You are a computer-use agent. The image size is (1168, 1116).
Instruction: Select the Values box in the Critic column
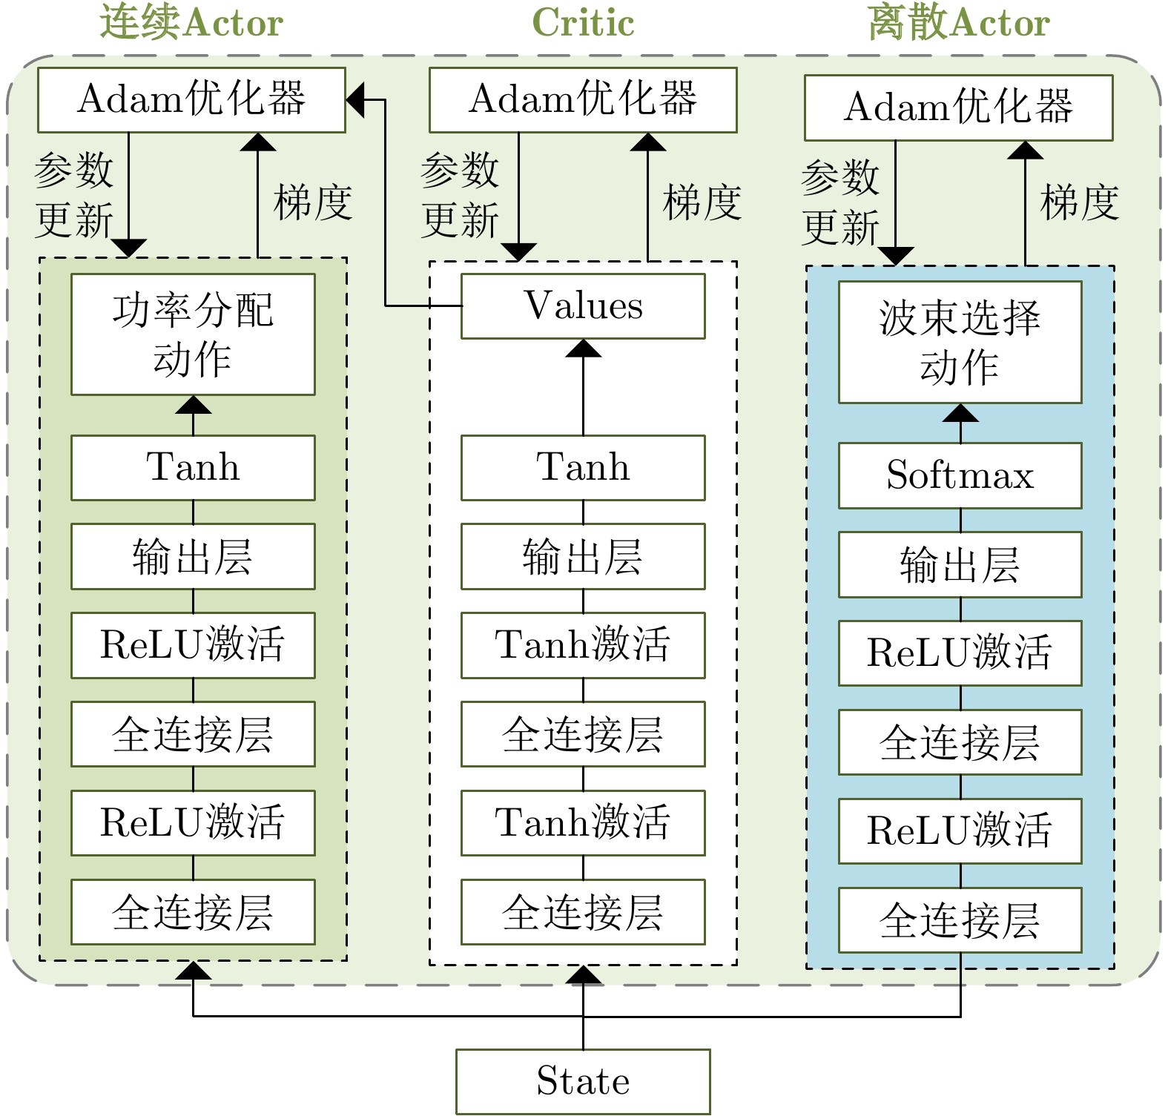tap(583, 306)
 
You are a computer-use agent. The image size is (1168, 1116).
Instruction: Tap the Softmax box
tap(960, 475)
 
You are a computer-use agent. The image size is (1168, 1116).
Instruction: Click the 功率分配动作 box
tap(193, 334)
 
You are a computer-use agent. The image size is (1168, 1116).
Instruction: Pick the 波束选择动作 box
tap(960, 342)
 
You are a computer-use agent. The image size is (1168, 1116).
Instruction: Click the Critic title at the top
tap(583, 22)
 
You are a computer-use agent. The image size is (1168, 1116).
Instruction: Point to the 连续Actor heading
tap(191, 22)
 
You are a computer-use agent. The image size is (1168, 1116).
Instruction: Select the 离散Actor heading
tap(958, 22)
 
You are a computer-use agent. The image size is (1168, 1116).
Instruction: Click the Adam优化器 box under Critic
tap(583, 100)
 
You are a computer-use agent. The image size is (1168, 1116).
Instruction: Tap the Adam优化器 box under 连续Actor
tap(191, 100)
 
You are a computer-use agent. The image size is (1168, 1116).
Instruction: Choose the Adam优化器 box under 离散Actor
tap(958, 108)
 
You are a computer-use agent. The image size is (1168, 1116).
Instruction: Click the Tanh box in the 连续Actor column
tap(193, 467)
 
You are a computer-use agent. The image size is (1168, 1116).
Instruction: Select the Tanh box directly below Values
tap(583, 467)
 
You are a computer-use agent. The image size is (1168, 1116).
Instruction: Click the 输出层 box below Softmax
tap(960, 564)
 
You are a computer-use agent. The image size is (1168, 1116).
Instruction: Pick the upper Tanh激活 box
tap(583, 645)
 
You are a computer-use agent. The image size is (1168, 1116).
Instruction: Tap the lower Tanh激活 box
tap(583, 823)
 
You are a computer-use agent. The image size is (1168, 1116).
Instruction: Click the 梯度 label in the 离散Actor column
tap(1079, 202)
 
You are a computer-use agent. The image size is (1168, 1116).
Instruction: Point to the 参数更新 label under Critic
tap(460, 196)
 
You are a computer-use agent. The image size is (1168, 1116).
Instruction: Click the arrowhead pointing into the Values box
tap(583, 349)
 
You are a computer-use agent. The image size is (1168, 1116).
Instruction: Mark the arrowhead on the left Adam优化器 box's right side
tap(356, 100)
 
